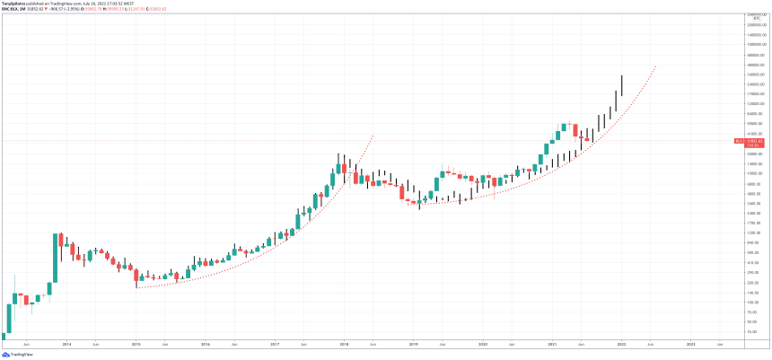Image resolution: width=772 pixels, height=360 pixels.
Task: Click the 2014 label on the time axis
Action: click(66, 344)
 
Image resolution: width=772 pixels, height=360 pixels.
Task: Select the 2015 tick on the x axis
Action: click(136, 344)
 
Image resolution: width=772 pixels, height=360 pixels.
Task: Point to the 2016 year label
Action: click(205, 344)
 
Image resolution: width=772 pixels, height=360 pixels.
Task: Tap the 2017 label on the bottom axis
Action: click(275, 344)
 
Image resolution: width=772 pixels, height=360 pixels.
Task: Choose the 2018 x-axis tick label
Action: click(344, 344)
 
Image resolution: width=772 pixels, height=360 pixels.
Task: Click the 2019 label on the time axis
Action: click(413, 344)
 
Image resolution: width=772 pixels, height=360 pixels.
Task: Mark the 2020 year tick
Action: click(483, 344)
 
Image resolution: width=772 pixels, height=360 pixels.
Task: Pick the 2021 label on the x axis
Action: click(552, 344)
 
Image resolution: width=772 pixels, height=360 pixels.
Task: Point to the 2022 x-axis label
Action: click(621, 344)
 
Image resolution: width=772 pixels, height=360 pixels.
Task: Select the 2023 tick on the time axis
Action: click(690, 344)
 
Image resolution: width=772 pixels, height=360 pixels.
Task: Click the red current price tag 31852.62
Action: click(750, 141)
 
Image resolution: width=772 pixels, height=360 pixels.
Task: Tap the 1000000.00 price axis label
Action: click(752, 44)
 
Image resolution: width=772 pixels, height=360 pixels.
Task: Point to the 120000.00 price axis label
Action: click(752, 104)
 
